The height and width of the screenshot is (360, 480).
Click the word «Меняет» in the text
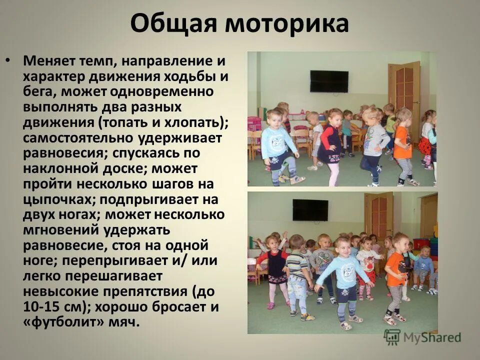(x=51, y=62)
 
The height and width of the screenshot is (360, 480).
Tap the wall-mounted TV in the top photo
(x=329, y=81)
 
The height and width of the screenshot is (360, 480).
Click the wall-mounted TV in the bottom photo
(x=310, y=209)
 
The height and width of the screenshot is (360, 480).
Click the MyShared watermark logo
(x=422, y=337)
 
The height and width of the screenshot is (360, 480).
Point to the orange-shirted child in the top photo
(x=403, y=145)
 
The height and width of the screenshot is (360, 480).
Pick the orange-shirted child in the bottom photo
(x=396, y=275)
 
